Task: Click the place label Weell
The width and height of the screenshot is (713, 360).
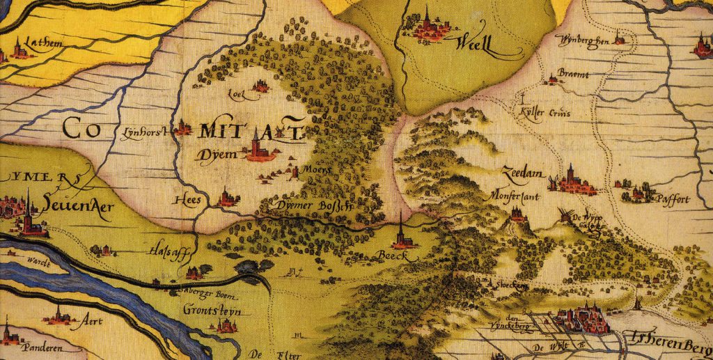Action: click(x=474, y=47)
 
